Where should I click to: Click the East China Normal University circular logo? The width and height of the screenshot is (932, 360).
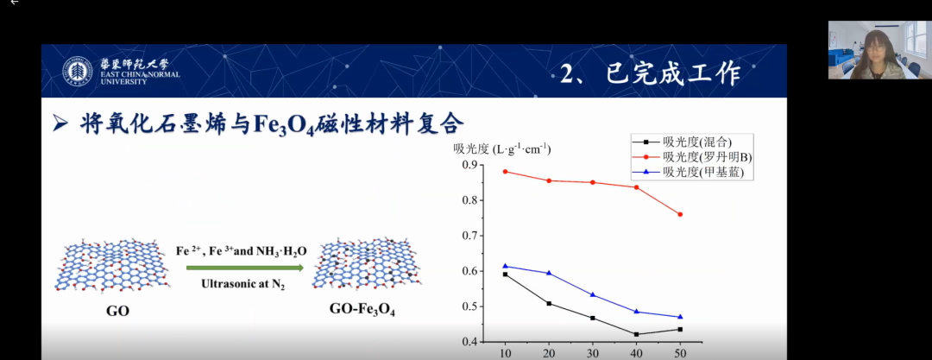tap(78, 72)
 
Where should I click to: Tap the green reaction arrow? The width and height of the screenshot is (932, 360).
tap(245, 268)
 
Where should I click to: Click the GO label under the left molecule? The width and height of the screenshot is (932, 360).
tap(117, 311)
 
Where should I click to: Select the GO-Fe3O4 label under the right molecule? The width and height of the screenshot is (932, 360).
tap(362, 310)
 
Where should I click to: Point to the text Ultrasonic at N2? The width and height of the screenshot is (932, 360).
tap(243, 284)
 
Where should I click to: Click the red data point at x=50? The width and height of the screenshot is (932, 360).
tap(680, 214)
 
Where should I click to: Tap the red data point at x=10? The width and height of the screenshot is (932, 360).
tap(505, 172)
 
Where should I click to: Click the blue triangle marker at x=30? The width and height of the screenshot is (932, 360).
tap(593, 294)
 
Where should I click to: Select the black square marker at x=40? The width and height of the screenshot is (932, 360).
tap(636, 334)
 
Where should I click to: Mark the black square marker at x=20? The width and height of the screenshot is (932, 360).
tap(549, 304)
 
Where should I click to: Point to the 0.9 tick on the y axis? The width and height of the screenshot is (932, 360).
tap(469, 165)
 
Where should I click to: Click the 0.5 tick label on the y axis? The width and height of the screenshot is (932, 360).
tap(469, 307)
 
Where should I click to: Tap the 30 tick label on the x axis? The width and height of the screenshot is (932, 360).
tap(593, 353)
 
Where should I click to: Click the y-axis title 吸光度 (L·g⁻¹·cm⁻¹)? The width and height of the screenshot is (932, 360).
tap(501, 148)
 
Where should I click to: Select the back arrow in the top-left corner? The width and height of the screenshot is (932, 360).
tap(15, 3)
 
